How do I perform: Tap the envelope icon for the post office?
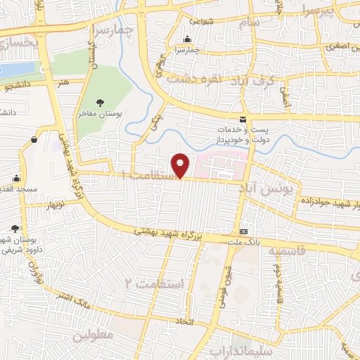point(243,120)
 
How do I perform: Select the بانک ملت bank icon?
point(243,231)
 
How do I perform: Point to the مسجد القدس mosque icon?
point(17,179)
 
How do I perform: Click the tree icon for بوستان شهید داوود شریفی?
point(15,228)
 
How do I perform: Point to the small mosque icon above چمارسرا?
point(187,39)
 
